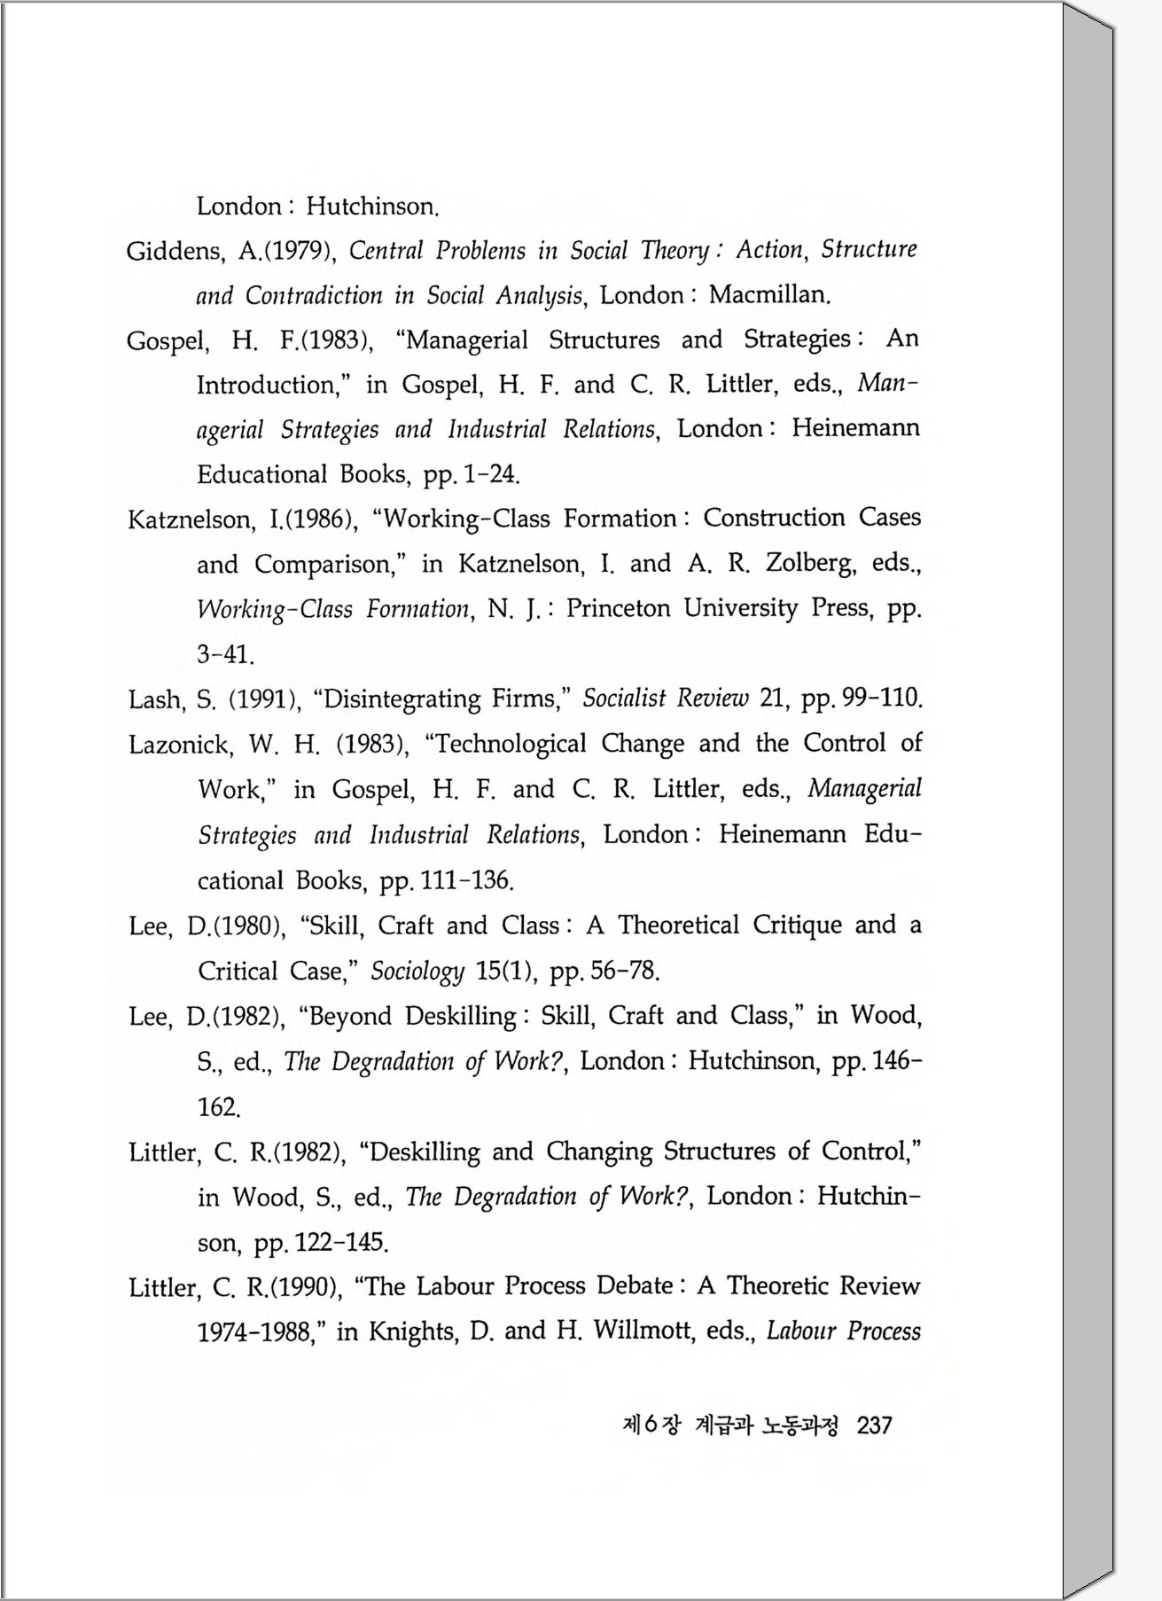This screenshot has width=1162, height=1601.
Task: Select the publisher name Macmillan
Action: [768, 294]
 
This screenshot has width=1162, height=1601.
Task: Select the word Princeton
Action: [618, 608]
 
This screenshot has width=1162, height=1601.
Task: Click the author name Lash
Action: [155, 699]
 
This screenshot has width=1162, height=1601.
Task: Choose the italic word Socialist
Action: [623, 699]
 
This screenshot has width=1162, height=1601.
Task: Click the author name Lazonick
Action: [178, 745]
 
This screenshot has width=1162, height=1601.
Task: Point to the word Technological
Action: [506, 744]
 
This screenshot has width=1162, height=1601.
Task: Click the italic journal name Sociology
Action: [417, 972]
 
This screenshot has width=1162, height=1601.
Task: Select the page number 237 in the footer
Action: [875, 1425]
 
